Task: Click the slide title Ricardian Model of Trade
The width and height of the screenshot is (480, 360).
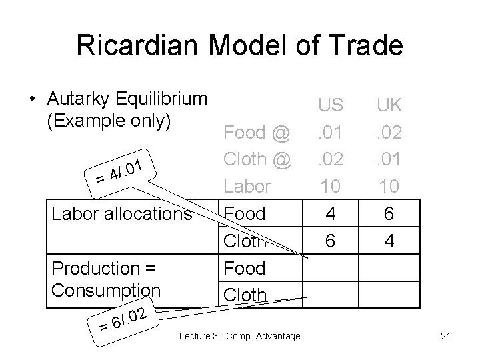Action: click(239, 45)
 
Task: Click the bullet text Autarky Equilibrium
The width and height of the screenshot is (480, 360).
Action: click(127, 99)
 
